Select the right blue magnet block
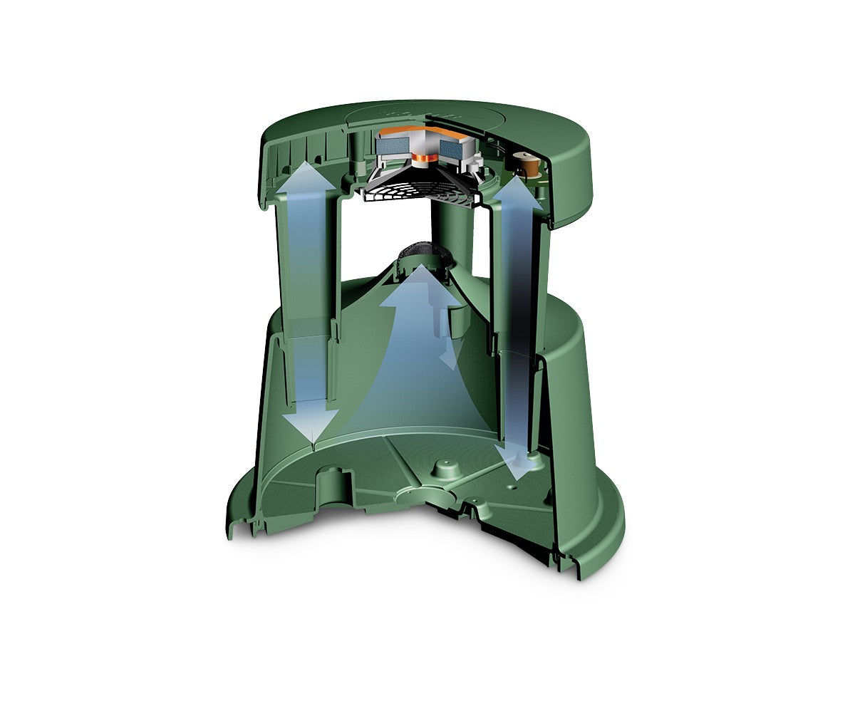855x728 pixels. point(451,149)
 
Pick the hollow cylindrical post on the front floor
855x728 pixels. point(334,484)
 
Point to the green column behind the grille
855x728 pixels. point(449,235)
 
